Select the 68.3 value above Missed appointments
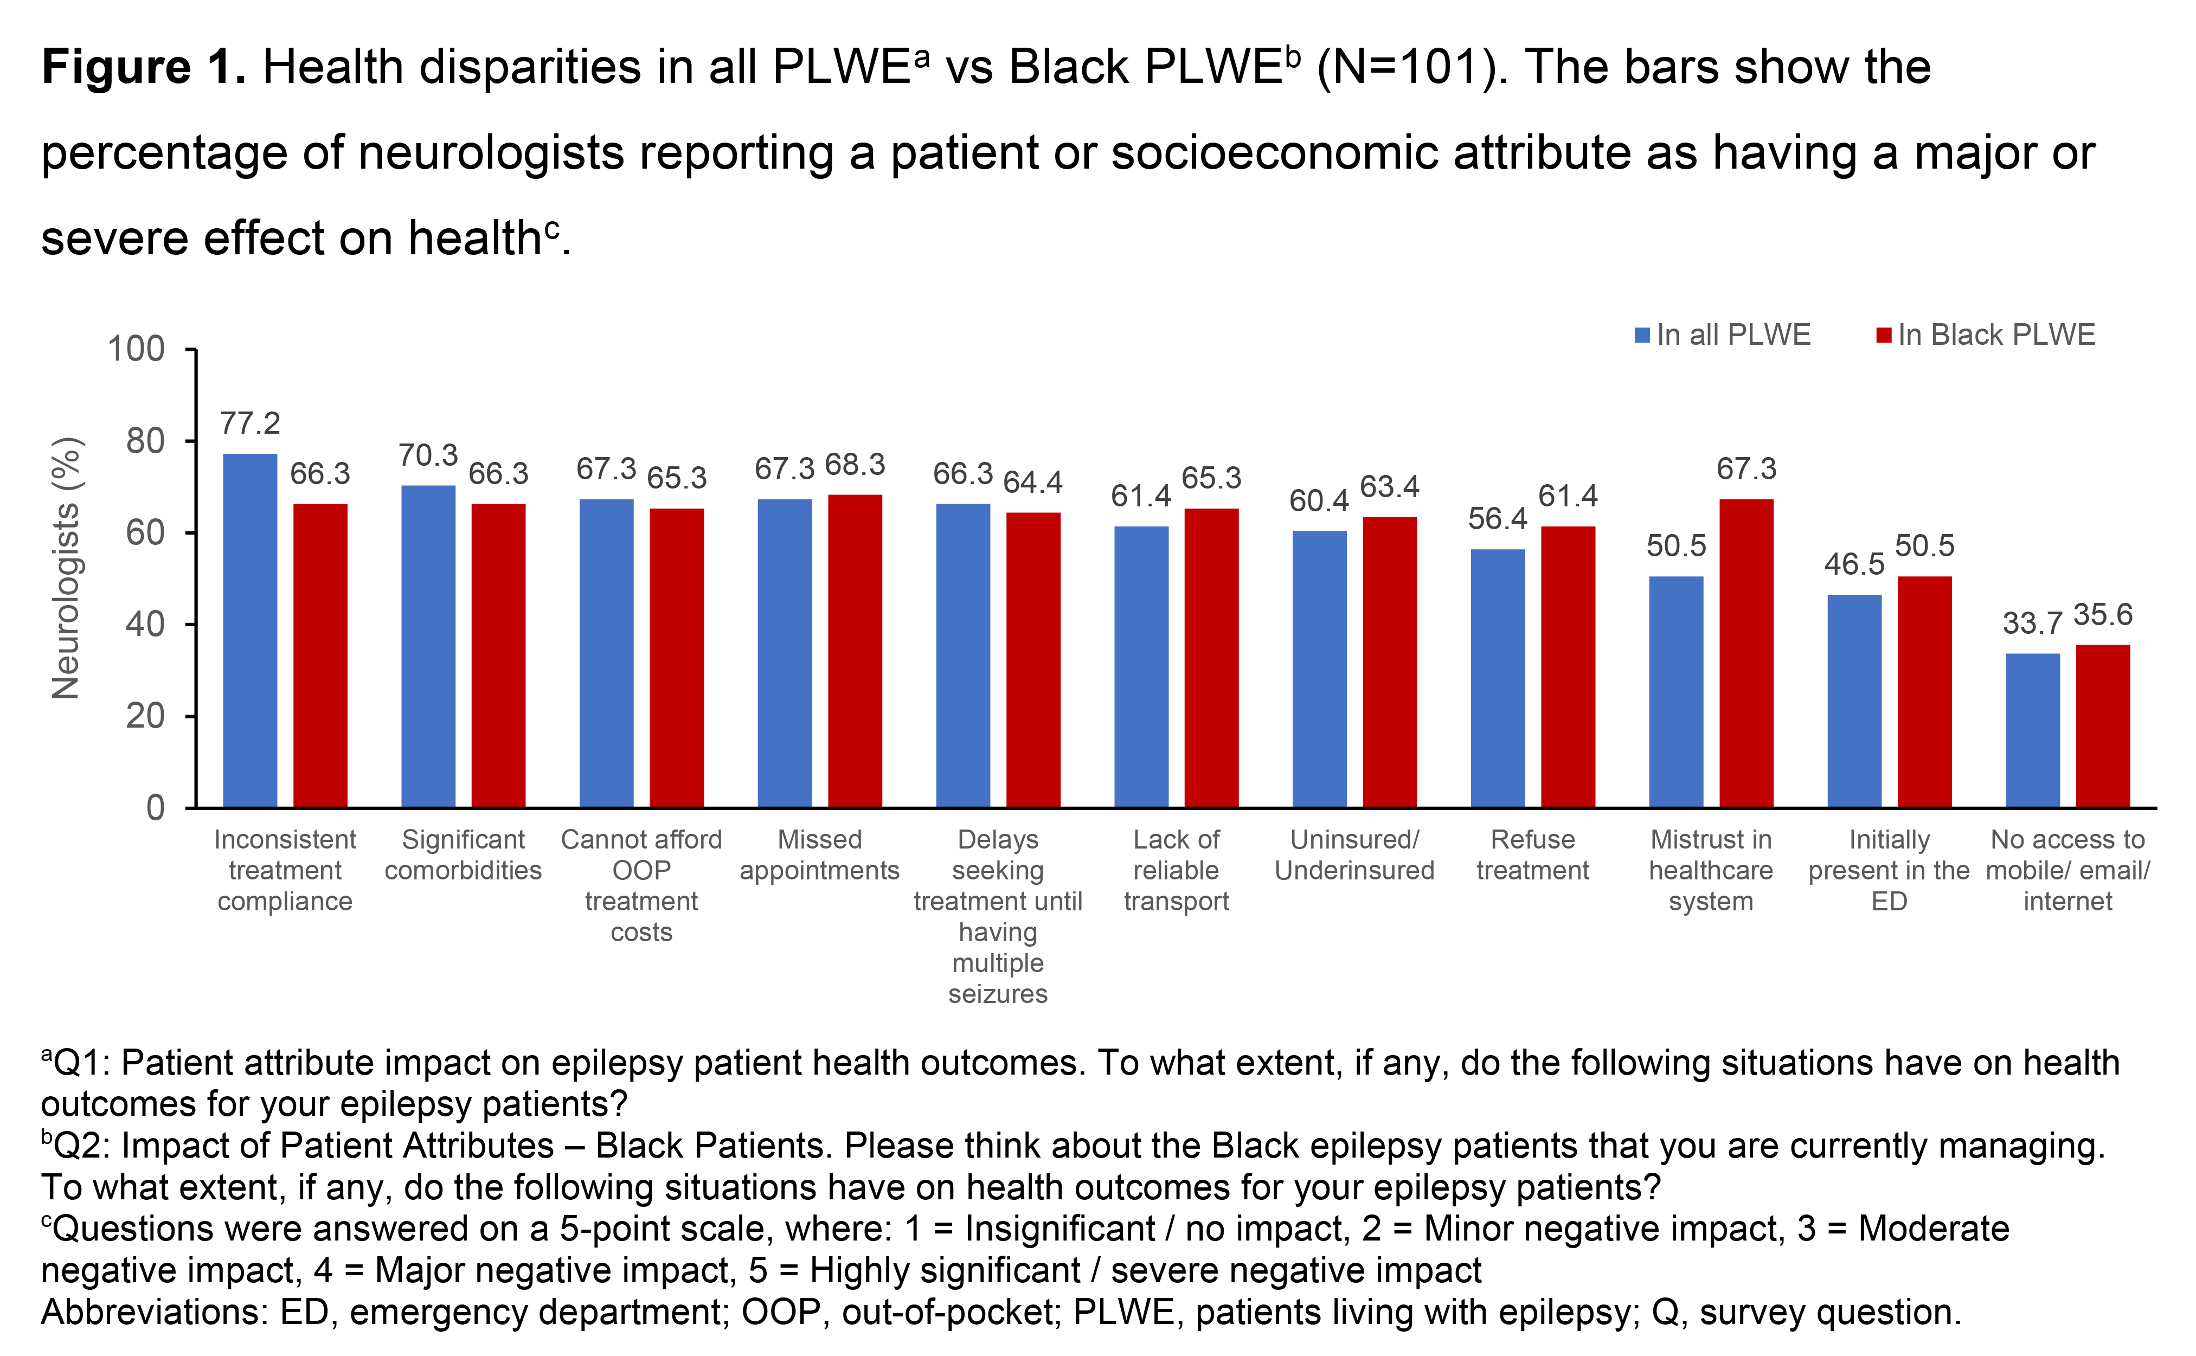point(855,465)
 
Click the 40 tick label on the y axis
point(145,624)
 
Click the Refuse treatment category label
point(1532,854)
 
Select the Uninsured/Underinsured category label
point(1354,854)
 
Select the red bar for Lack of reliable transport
point(1211,657)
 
